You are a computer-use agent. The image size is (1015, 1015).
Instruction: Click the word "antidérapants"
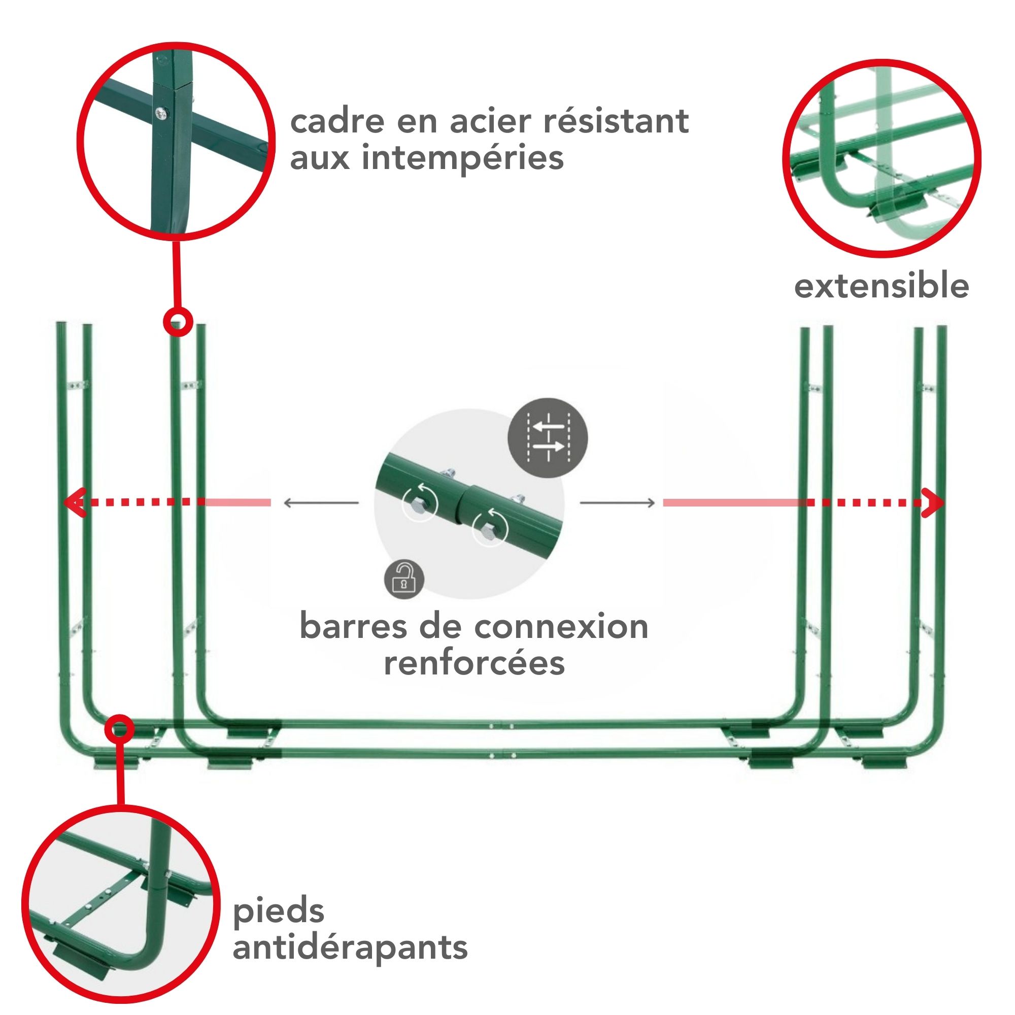pyautogui.click(x=350, y=947)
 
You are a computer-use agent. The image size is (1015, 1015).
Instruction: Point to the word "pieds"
pyautogui.click(x=279, y=910)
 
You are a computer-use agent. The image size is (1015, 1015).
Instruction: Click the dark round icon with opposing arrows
pyautogui.click(x=548, y=437)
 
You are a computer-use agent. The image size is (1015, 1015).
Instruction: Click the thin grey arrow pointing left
pyautogui.click(x=321, y=503)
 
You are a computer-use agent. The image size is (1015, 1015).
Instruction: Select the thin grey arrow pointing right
pyautogui.click(x=617, y=503)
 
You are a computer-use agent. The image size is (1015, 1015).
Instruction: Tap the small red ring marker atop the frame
pyautogui.click(x=178, y=321)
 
